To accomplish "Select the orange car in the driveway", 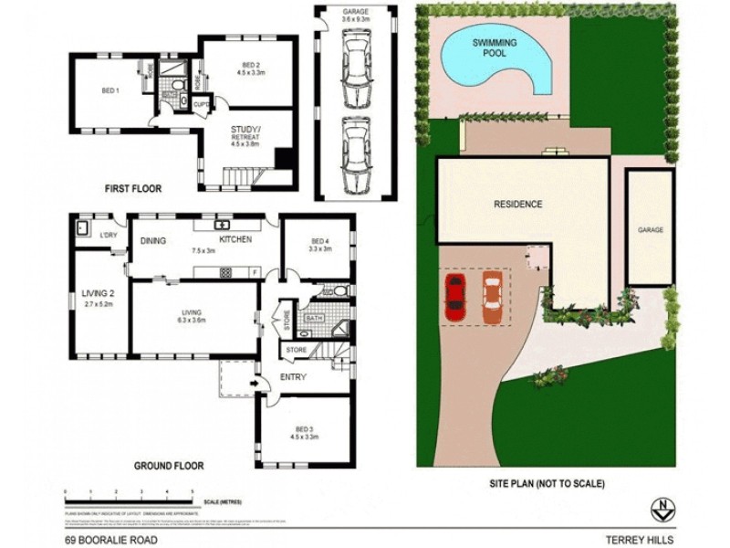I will pyautogui.click(x=492, y=299).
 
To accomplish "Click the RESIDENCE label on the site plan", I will pyautogui.click(x=518, y=205).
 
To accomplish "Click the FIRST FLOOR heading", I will pyautogui.click(x=132, y=189).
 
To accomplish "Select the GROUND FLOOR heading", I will pyautogui.click(x=169, y=466).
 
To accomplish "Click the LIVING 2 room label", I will pyautogui.click(x=99, y=293).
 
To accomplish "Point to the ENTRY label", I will pyautogui.click(x=293, y=376).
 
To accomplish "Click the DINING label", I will pyautogui.click(x=151, y=240).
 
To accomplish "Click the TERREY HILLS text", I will pyautogui.click(x=643, y=540).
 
